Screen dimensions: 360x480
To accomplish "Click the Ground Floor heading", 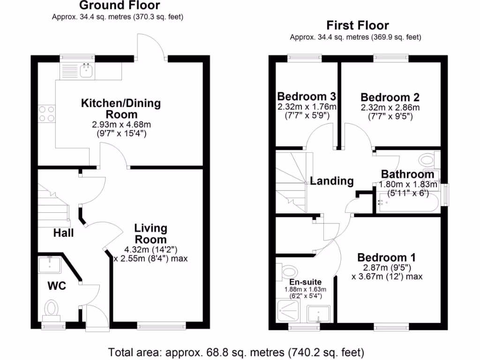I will [119, 6].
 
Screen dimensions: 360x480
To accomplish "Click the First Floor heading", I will [358, 25].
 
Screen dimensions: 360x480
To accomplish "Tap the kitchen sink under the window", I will [87, 71].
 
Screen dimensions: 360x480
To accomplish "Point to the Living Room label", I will [150, 233].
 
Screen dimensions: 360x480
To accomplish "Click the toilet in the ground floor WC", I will [52, 309].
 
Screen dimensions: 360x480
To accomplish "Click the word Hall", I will [63, 232].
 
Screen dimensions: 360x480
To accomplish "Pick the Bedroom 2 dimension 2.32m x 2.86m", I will [390, 107].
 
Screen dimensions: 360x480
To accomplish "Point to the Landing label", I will [331, 181].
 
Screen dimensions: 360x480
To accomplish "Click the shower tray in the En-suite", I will [290, 311].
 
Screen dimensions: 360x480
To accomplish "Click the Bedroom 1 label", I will [386, 257].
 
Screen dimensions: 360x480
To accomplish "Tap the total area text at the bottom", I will [236, 352].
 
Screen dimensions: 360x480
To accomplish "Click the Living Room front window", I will [161, 325].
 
